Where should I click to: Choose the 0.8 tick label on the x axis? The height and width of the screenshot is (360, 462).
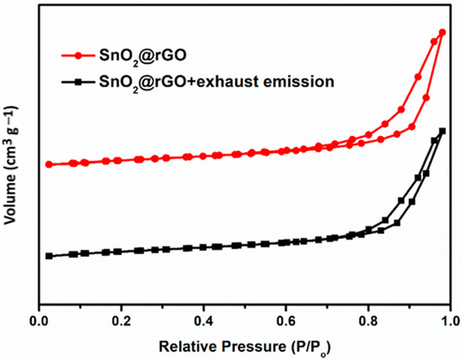tap(368, 321)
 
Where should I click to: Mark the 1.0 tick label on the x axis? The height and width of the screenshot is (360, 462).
tap(449, 321)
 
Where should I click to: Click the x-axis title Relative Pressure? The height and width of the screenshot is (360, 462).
tap(245, 345)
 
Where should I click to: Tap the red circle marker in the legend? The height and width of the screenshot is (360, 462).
tap(78, 56)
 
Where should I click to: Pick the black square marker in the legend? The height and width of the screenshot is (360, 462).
tap(78, 82)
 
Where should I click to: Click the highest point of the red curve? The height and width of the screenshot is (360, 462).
tap(442, 32)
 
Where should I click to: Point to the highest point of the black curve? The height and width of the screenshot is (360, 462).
tap(442, 131)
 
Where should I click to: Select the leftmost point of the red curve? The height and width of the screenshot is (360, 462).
tap(49, 164)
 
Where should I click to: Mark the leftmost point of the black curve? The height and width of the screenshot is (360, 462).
tap(49, 256)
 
